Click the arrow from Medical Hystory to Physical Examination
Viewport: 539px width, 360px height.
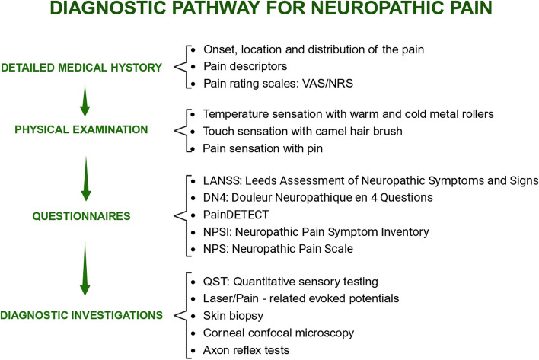pyautogui.click(x=85, y=99)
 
